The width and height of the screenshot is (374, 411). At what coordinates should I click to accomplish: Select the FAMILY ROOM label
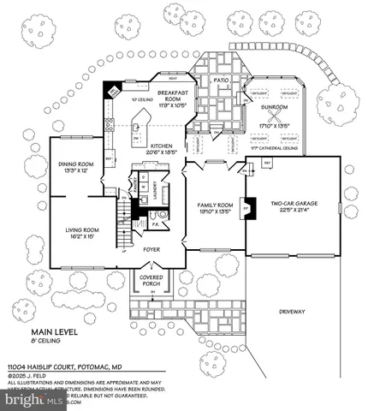(212, 206)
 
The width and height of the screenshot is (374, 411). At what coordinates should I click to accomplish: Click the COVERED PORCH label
(151, 279)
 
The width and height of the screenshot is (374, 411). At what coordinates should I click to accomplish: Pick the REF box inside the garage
(266, 162)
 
